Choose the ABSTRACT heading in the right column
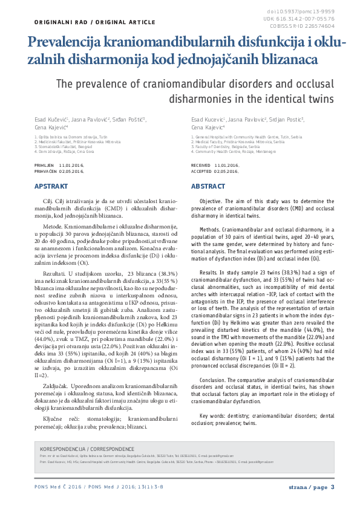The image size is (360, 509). click(x=208, y=187)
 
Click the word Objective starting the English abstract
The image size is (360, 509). click(x=210, y=199)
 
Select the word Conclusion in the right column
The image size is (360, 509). click(x=212, y=380)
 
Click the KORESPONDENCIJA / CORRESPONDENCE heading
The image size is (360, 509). click(x=87, y=450)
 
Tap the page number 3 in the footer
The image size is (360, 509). click(x=332, y=487)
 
